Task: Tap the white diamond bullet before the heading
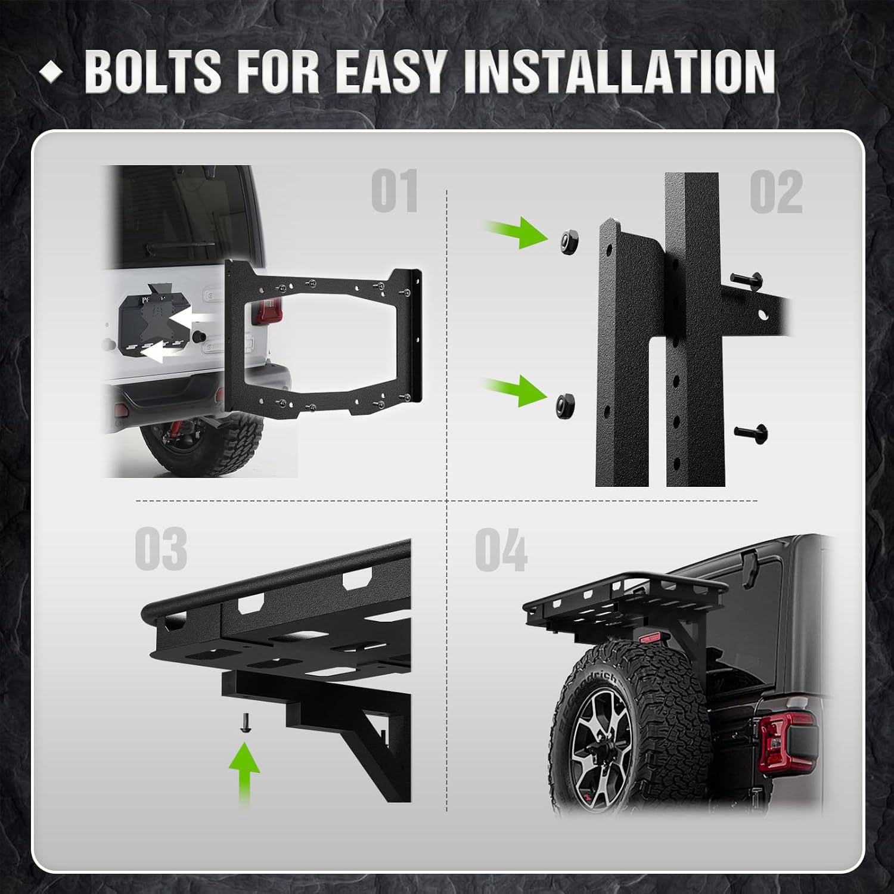click(51, 72)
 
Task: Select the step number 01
click(394, 191)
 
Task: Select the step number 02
click(775, 192)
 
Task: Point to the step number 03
click(160, 549)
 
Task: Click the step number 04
click(501, 550)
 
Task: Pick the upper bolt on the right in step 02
click(746, 278)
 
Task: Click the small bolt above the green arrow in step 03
click(245, 723)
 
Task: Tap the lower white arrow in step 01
click(160, 353)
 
